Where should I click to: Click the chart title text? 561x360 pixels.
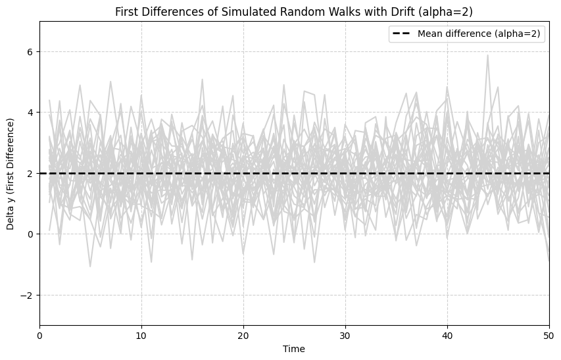pos(294,12)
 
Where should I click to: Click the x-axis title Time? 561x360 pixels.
pos(294,349)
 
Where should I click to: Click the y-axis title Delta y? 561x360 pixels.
pos(11,174)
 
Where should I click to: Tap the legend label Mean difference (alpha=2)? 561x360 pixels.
pos(479,34)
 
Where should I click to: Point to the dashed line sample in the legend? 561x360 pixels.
pos(401,34)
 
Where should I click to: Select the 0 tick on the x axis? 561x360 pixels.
pos(40,335)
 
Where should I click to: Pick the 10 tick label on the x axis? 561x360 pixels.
pos(141,335)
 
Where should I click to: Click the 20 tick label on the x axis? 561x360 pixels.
pos(243,335)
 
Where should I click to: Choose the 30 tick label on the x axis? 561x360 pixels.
pos(345,335)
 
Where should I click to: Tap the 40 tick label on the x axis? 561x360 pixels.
pos(447,335)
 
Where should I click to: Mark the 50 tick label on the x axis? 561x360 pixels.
pos(549,335)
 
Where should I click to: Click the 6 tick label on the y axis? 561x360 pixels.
pos(29,52)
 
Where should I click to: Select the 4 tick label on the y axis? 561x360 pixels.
pos(29,113)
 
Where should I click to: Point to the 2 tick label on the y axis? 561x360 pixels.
pos(29,174)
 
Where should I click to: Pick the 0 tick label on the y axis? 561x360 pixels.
pos(29,234)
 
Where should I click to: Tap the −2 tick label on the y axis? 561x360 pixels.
pos(26,296)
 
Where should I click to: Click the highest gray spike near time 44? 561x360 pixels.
pos(487,55)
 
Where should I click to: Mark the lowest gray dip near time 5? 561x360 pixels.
pos(90,266)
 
